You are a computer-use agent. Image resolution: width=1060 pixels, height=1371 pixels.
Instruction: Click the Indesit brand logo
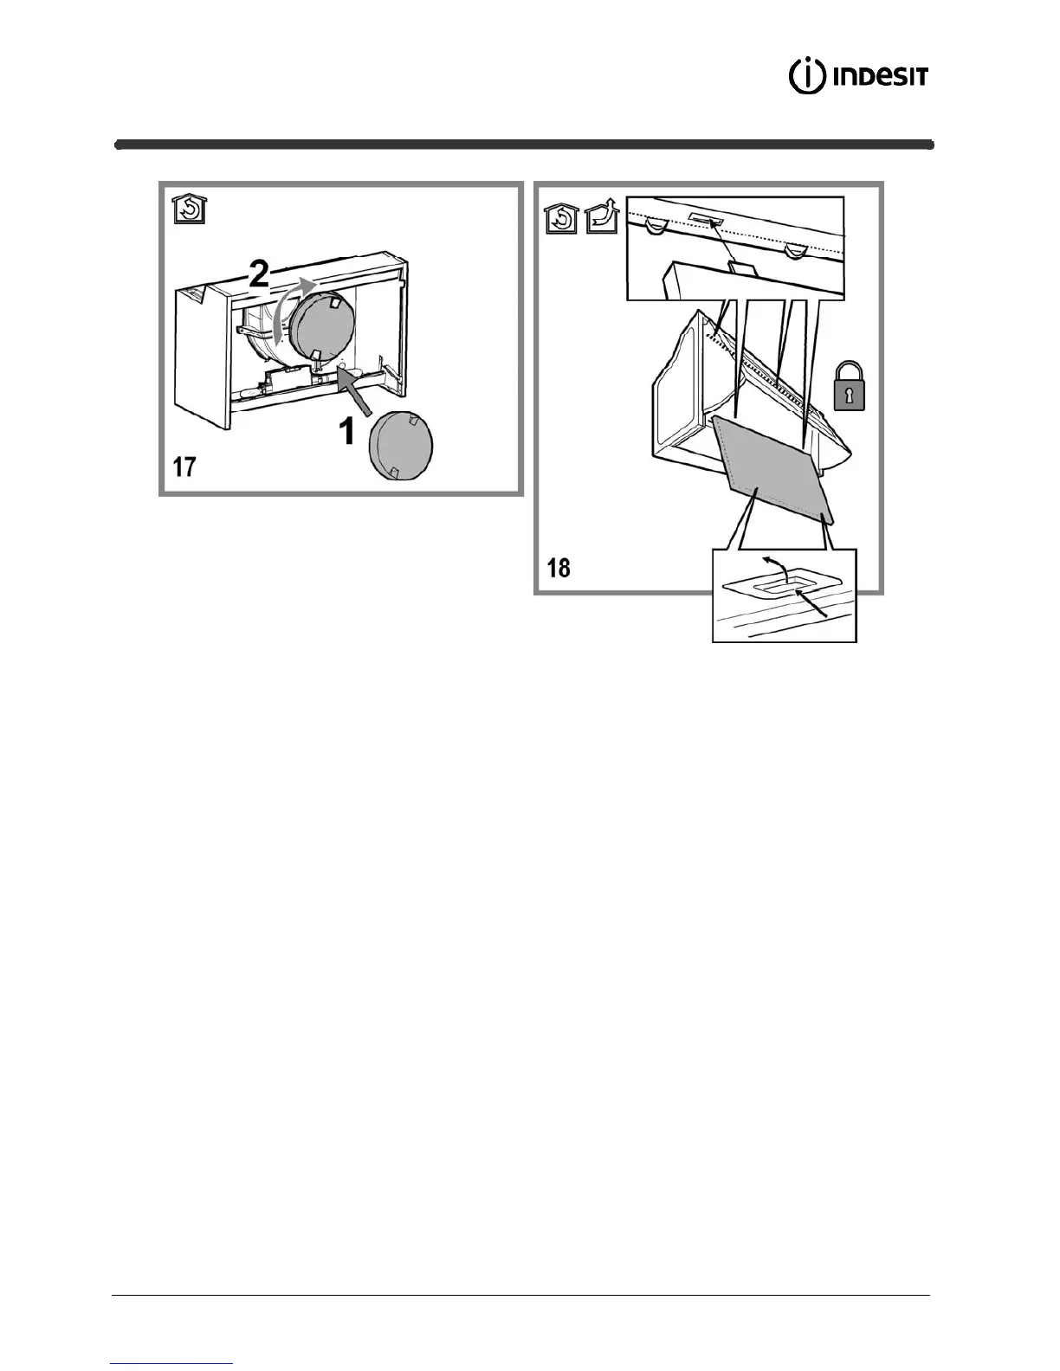pos(858,76)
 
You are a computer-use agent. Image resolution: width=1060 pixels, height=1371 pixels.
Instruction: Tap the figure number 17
pos(184,467)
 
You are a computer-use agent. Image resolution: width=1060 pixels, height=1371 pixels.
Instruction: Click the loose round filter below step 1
pos(400,443)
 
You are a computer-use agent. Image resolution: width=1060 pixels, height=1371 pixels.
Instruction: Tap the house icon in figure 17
pos(189,209)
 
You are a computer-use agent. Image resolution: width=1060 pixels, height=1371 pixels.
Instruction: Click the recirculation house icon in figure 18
pos(562,218)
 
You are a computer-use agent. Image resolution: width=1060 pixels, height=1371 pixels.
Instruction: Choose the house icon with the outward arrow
pos(600,218)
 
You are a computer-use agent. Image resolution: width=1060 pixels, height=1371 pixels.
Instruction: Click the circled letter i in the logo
pos(805,76)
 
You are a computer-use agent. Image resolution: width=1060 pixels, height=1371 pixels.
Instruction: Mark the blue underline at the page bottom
pos(172,1363)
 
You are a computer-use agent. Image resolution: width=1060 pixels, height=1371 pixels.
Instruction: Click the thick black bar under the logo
pos(524,145)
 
